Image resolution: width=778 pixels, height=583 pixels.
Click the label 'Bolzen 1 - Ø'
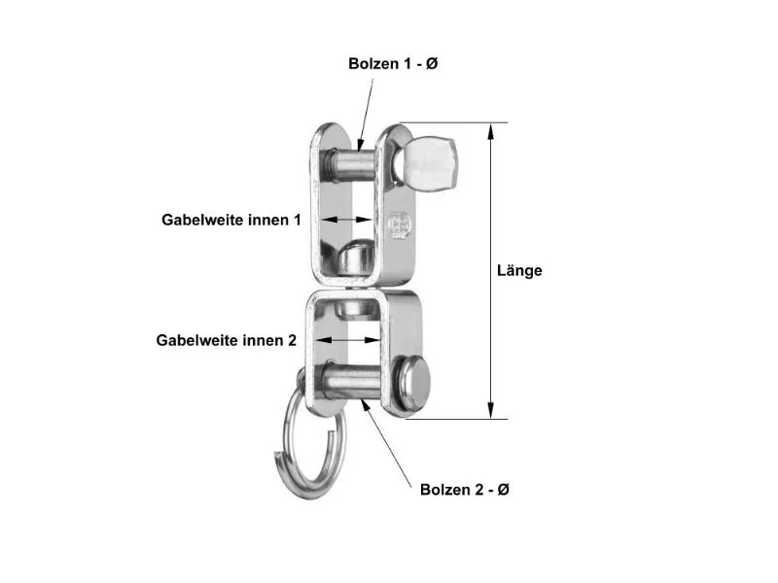[x=395, y=63]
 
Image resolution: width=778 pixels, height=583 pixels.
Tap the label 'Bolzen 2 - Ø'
[x=465, y=490]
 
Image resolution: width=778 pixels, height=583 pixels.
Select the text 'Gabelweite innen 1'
[x=231, y=221]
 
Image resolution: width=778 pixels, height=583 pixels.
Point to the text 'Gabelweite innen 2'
[x=227, y=340]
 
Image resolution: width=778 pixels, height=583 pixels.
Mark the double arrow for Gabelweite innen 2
[x=347, y=340]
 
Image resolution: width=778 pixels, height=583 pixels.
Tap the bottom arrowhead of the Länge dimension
[x=492, y=411]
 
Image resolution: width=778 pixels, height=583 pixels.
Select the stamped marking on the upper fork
[x=399, y=226]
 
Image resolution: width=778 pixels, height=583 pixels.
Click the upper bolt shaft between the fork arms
[x=350, y=160]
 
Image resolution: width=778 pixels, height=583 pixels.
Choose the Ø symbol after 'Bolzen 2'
[x=503, y=490]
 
